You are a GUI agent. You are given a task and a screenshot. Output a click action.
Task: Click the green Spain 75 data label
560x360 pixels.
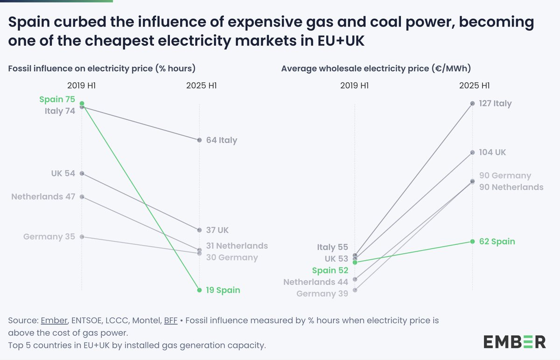pyautogui.click(x=57, y=99)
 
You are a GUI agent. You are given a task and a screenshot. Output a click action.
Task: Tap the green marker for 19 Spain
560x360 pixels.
pyautogui.click(x=199, y=290)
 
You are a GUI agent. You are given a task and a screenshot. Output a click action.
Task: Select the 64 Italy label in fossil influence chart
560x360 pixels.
pyautogui.click(x=222, y=140)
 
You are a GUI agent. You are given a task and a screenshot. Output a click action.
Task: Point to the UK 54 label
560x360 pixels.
pyautogui.click(x=63, y=173)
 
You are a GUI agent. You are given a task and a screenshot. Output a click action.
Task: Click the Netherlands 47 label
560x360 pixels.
pyautogui.click(x=43, y=196)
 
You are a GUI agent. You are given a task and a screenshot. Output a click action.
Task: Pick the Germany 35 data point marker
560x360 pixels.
pyautogui.click(x=82, y=237)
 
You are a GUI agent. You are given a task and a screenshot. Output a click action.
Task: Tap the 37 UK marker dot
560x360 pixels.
pyautogui.click(x=199, y=230)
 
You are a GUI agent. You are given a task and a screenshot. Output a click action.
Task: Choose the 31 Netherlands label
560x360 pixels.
pyautogui.click(x=237, y=246)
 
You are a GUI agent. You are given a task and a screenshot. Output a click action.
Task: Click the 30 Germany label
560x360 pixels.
pyautogui.click(x=232, y=257)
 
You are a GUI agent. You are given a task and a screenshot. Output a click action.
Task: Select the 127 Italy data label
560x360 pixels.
pyautogui.click(x=495, y=104)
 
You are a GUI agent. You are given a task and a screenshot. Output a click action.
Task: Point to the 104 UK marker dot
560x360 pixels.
pyautogui.click(x=472, y=152)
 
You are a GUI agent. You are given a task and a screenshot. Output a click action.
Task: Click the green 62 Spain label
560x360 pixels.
pyautogui.click(x=497, y=242)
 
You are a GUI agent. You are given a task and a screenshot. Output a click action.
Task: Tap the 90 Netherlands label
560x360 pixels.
pyautogui.click(x=511, y=187)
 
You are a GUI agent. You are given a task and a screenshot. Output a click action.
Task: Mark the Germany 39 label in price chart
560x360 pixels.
pyautogui.click(x=322, y=294)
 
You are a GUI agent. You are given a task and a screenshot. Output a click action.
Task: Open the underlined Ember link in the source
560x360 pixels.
pyautogui.click(x=55, y=321)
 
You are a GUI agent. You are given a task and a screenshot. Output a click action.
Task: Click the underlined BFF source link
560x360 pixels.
pyautogui.click(x=170, y=321)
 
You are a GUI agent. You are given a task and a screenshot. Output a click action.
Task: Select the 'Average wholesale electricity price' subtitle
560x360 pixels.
pyautogui.click(x=376, y=69)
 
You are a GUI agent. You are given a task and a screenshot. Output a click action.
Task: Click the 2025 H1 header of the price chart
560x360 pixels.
pyautogui.click(x=474, y=86)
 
